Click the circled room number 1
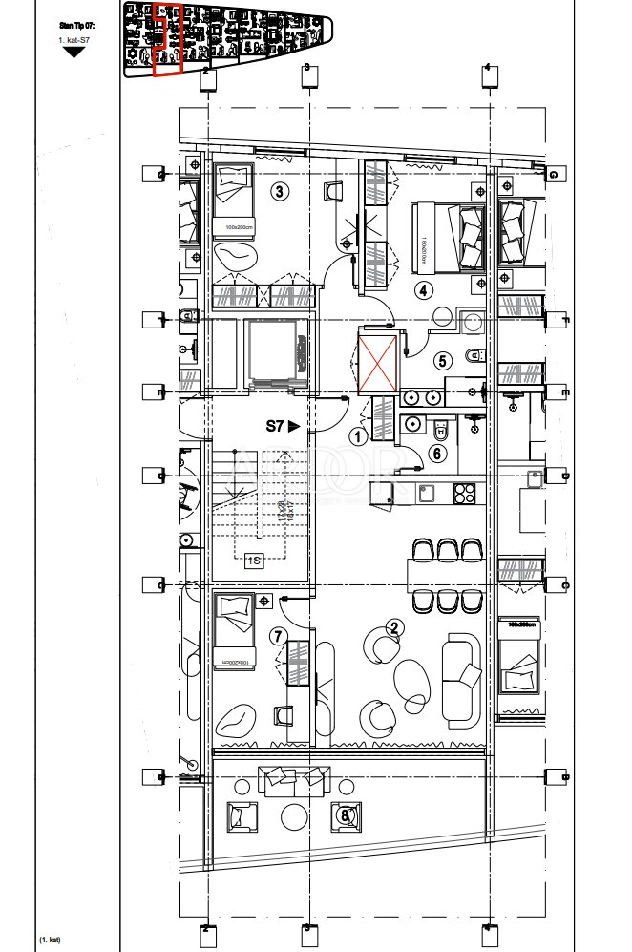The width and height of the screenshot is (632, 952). coord(359,437)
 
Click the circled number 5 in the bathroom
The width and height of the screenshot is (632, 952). coord(442,361)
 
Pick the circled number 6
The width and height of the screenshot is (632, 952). coord(437,455)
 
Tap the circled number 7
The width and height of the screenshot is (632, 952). coord(278,636)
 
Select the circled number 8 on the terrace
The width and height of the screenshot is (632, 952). coord(346,814)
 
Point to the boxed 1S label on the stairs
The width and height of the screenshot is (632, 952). coord(254,561)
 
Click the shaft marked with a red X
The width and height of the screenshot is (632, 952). coord(376,361)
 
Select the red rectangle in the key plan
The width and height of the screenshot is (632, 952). coord(167,38)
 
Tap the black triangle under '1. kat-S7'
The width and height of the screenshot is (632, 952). coord(74,53)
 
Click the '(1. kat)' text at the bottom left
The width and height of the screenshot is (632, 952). coord(50,941)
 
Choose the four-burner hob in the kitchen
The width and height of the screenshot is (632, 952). coord(464,493)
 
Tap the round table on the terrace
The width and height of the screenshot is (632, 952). coord(293,816)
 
